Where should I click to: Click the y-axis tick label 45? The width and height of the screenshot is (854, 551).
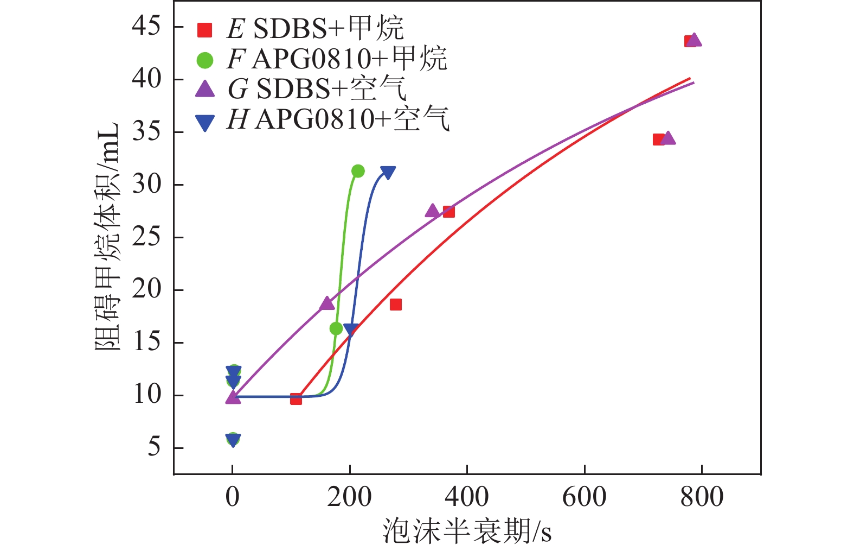(x=146, y=26)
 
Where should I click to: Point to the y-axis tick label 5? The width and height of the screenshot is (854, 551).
(x=154, y=448)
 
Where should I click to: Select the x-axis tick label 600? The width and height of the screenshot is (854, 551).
(x=584, y=497)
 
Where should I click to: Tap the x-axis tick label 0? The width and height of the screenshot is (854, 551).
(x=233, y=497)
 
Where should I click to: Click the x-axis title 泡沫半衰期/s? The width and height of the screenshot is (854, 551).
(x=467, y=531)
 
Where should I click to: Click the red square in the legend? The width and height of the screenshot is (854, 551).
(x=204, y=30)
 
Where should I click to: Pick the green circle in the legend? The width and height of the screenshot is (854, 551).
(x=204, y=60)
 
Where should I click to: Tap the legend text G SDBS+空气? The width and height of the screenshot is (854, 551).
(x=317, y=89)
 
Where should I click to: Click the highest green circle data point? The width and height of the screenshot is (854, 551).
(x=358, y=171)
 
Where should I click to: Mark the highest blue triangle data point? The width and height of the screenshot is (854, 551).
(x=388, y=173)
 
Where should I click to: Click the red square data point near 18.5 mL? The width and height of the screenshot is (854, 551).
(x=396, y=305)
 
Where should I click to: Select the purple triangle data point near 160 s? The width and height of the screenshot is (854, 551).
(x=327, y=303)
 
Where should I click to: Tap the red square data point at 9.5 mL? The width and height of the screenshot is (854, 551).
(x=296, y=399)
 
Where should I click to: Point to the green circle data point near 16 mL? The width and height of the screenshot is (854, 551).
(x=336, y=328)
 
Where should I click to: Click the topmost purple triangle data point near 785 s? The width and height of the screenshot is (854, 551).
(x=694, y=40)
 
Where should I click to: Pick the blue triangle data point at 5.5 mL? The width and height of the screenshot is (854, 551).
(x=233, y=440)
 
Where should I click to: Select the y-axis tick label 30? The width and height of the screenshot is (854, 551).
(x=146, y=185)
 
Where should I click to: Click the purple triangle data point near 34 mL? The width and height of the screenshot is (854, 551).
(x=669, y=138)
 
